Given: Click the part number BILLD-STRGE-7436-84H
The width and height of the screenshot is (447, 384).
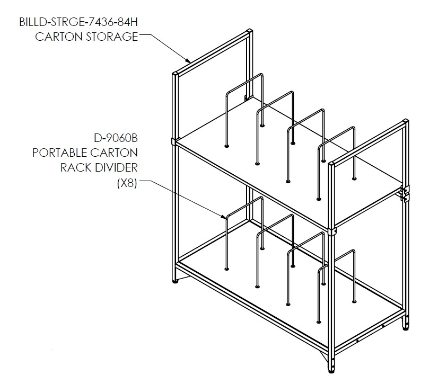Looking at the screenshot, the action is click(x=78, y=22).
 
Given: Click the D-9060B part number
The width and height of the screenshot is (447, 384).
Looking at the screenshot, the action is click(x=116, y=138).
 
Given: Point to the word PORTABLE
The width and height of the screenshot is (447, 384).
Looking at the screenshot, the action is click(x=59, y=153).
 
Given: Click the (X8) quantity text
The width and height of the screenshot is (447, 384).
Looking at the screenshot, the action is click(x=127, y=183).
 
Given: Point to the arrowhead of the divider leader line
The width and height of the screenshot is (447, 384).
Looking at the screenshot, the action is click(x=224, y=217).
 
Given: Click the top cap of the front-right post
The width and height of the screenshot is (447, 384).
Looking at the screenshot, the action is click(x=331, y=163).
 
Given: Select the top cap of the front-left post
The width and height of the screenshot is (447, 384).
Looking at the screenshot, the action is click(x=175, y=74).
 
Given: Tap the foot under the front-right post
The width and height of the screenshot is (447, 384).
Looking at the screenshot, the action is click(x=331, y=371).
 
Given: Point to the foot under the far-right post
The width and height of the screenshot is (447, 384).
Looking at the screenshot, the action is click(x=406, y=328).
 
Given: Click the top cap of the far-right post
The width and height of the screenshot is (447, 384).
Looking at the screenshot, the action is click(x=406, y=121).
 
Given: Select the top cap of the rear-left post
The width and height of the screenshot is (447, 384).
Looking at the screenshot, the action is click(x=250, y=31).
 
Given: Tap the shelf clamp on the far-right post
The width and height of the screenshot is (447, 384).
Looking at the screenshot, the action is click(x=405, y=193).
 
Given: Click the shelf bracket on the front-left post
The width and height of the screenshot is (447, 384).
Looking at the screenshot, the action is click(x=174, y=141).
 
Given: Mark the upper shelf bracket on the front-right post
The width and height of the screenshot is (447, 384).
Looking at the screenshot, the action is click(x=331, y=231).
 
